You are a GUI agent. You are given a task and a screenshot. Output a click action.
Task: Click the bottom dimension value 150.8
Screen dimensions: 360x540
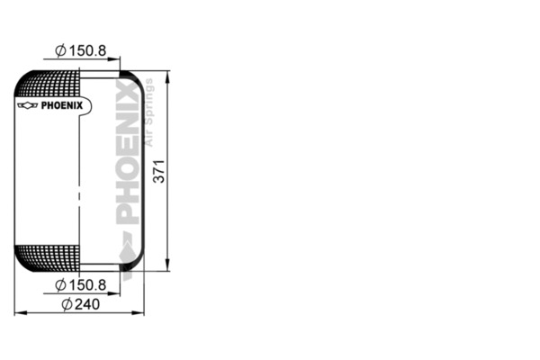(88, 284)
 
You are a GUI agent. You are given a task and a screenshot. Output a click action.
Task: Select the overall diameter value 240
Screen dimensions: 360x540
(85, 303)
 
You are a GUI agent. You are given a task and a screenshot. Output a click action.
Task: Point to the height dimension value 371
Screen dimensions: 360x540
(158, 170)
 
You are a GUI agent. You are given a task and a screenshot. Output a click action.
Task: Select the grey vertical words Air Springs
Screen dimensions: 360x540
(149, 112)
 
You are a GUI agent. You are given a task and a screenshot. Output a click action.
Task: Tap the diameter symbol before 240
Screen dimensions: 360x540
(67, 303)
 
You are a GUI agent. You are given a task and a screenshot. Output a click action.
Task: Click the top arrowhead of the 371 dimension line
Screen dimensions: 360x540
(168, 74)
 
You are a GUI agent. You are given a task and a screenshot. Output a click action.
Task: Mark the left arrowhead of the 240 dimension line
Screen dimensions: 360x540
(19, 313)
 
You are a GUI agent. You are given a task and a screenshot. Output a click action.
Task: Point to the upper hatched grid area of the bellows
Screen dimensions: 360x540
(49, 85)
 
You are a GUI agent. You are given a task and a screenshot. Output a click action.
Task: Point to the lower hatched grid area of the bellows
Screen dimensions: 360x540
(49, 256)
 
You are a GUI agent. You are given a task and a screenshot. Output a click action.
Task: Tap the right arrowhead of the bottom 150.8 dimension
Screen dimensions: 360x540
(118, 293)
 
